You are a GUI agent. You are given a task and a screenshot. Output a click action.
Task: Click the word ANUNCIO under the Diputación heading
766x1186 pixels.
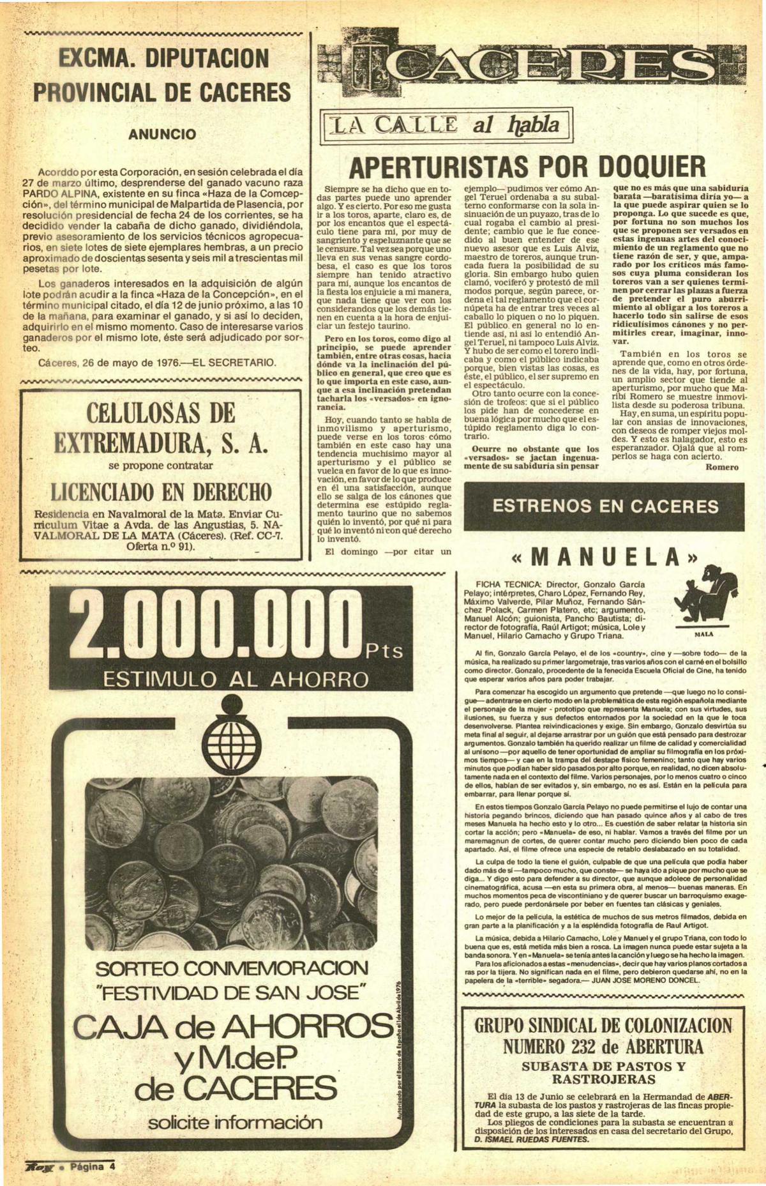[x=161, y=135]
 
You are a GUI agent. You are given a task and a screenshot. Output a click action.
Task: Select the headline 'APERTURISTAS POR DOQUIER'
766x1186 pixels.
[x=528, y=167]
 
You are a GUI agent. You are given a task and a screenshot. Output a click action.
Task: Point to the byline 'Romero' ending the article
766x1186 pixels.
[x=722, y=467]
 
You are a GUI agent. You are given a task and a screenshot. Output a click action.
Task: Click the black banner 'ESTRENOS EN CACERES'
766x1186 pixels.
[x=605, y=506]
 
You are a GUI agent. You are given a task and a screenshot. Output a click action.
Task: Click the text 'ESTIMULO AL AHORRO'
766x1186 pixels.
[x=236, y=678]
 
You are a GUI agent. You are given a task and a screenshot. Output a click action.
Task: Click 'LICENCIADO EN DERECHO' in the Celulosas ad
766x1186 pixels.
[x=161, y=492]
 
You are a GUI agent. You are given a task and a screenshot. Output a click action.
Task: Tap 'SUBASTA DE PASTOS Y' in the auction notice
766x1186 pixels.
[x=603, y=1066]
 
